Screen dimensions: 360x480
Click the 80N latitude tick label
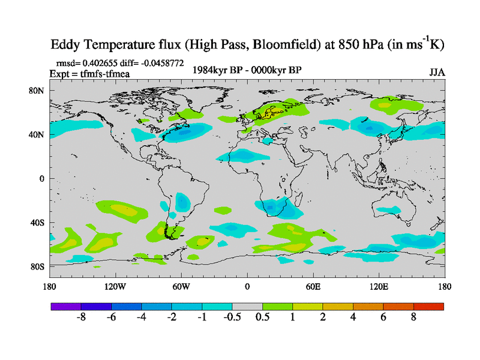pos(38,91)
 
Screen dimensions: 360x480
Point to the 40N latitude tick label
pos(38,134)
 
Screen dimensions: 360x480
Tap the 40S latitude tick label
pos(38,223)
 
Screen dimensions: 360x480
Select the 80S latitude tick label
pos(38,266)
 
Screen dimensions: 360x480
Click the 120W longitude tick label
pos(115,286)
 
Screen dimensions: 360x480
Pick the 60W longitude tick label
pos(181,286)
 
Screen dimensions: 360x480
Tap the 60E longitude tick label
pos(313,286)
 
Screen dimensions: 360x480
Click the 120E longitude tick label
pos(379,286)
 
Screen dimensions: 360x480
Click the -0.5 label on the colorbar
pos(232,317)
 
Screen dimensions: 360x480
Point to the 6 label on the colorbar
pos(383,317)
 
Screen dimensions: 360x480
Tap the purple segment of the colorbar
pos(66,306)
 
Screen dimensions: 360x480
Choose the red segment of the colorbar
pos(428,306)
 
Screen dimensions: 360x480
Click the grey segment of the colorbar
pos(247,306)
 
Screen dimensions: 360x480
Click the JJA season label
pos(437,72)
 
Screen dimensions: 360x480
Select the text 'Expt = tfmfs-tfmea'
pos(90,74)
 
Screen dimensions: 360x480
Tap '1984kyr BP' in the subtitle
pos(214,70)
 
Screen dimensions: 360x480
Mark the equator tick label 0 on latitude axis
pos(42,179)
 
